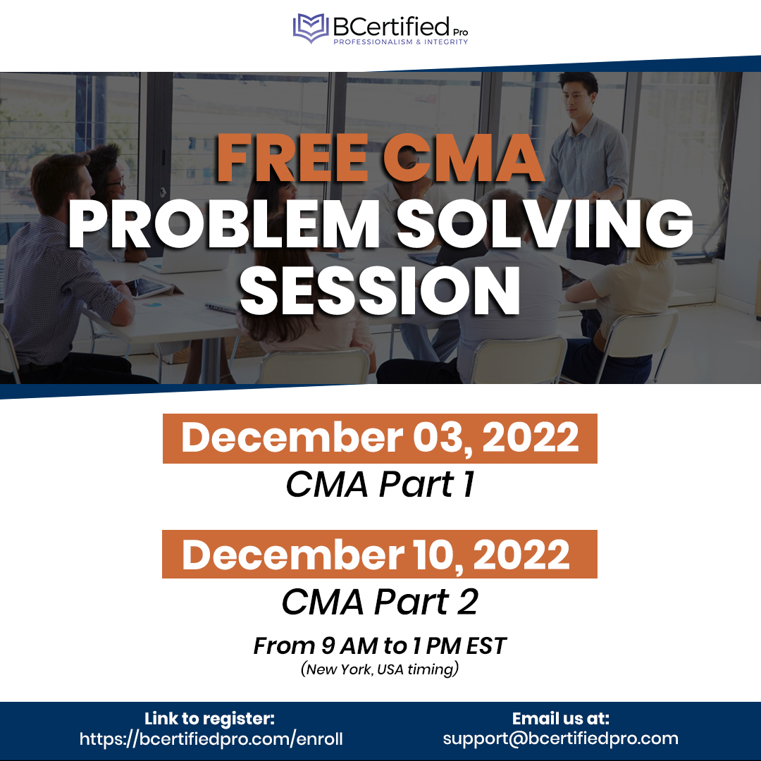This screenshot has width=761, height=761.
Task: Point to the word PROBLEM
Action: point(224,225)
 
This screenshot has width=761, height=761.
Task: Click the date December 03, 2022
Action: point(380,438)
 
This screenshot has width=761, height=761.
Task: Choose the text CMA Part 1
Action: point(380,485)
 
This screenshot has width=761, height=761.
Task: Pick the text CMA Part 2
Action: point(380,602)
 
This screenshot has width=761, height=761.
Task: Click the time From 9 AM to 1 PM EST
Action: point(380,645)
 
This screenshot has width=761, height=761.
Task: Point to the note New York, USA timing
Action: point(380,669)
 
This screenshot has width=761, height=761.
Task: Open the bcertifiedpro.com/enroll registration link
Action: point(211,739)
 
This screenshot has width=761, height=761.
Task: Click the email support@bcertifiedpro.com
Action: point(560,738)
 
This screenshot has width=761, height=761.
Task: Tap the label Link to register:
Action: point(209,719)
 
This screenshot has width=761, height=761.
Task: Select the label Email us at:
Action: point(561,719)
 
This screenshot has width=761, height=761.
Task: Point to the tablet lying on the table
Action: point(144,287)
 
